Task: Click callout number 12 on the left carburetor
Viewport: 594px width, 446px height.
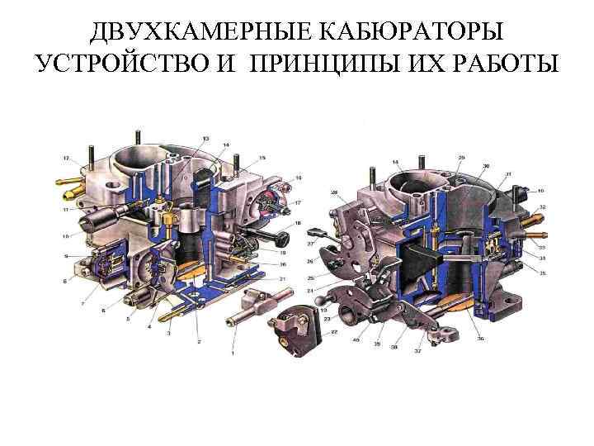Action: (66, 157)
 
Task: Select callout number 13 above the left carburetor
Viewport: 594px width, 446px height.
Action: (205, 137)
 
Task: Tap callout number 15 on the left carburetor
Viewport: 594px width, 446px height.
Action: (262, 157)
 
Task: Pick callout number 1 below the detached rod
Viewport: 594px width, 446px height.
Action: (232, 353)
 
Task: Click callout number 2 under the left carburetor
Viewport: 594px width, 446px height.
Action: (198, 340)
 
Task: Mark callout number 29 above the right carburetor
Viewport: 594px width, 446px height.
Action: (461, 157)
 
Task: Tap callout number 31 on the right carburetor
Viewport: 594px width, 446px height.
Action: (508, 173)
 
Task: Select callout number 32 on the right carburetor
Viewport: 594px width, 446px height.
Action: (541, 206)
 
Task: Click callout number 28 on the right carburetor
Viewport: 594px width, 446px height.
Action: (335, 193)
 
